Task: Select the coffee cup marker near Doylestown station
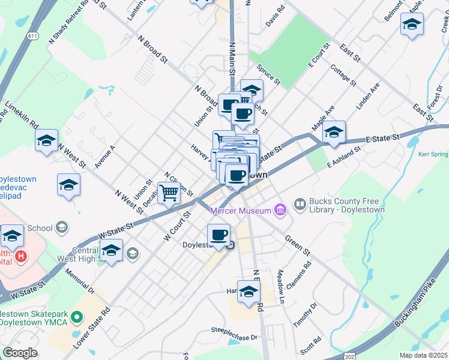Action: [x=219, y=235]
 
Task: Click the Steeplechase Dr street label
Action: [x=234, y=330]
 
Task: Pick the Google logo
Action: [x=20, y=353]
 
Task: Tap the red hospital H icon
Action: [x=21, y=257]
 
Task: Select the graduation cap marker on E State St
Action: [x=334, y=132]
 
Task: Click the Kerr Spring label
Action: [x=433, y=154]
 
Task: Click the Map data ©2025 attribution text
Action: [x=423, y=355]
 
